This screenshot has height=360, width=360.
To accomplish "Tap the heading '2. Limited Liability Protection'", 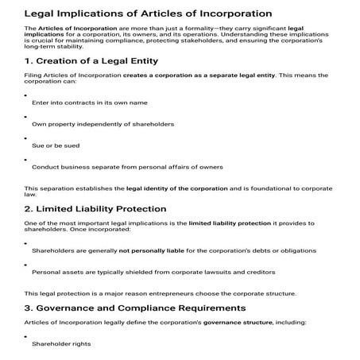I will (x=95, y=208).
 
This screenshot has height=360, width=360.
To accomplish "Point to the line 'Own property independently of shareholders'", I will (x=103, y=124).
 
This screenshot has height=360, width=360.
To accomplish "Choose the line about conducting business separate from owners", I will (x=127, y=167).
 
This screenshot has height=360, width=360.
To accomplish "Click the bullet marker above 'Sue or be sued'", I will (x=27, y=137).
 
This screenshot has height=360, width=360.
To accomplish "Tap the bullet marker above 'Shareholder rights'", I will (x=27, y=337).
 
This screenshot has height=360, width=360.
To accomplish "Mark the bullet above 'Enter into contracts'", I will (x=27, y=95).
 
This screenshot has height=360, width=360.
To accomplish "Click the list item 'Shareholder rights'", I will (x=61, y=344).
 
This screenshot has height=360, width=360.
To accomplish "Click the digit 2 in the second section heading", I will (x=28, y=208).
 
